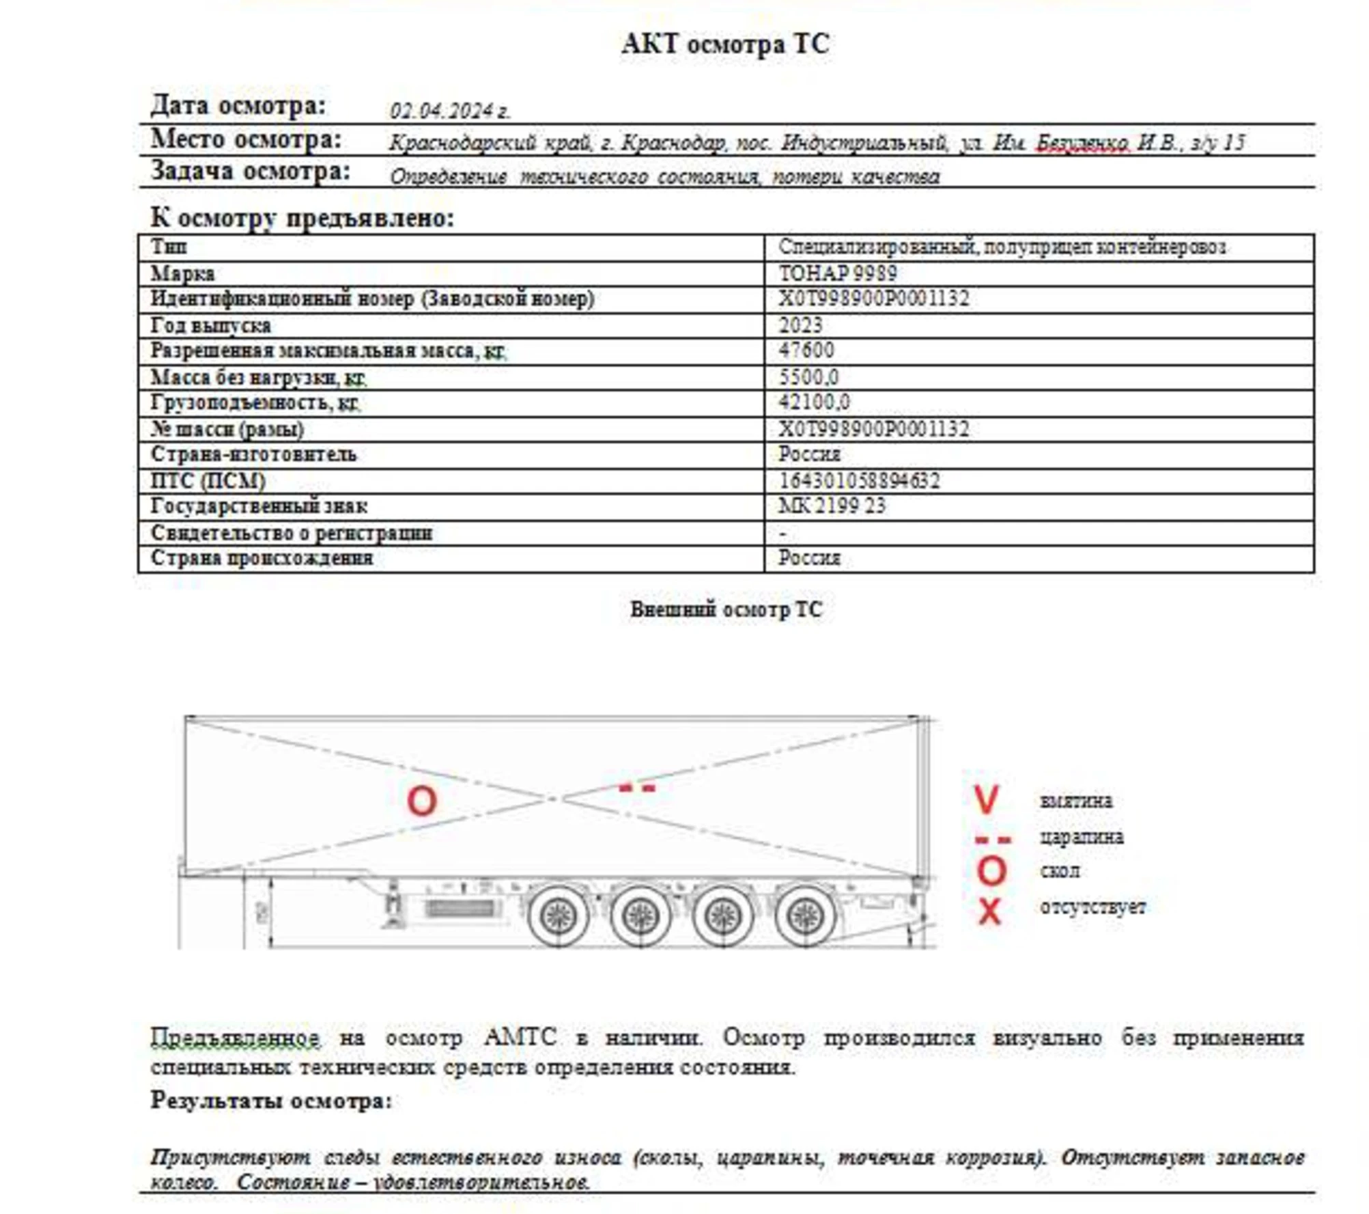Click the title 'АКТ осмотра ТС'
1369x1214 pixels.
pyautogui.click(x=725, y=44)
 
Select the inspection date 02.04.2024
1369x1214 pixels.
pyautogui.click(x=450, y=111)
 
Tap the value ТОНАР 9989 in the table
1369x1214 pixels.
pyautogui.click(x=838, y=273)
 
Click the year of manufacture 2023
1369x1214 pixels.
pyautogui.click(x=800, y=325)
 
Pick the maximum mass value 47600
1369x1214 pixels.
pyautogui.click(x=806, y=350)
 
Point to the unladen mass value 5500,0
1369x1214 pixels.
pyautogui.click(x=808, y=377)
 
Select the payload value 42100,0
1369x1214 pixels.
pyautogui.click(x=814, y=402)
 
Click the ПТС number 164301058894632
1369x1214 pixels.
pyautogui.click(x=859, y=481)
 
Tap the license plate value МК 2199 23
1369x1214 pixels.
pyautogui.click(x=832, y=506)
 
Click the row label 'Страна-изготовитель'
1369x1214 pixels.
pyautogui.click(x=253, y=454)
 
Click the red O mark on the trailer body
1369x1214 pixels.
pyautogui.click(x=421, y=800)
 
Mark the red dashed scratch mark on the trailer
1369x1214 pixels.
pyautogui.click(x=636, y=788)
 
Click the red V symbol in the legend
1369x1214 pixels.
pyautogui.click(x=986, y=799)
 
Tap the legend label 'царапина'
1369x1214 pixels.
pyautogui.click(x=1082, y=837)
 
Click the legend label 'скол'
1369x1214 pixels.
pyautogui.click(x=1060, y=871)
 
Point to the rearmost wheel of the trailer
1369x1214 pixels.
pyautogui.click(x=806, y=916)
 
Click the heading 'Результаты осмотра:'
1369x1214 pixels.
pyautogui.click(x=271, y=1101)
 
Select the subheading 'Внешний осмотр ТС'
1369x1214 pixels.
pyautogui.click(x=726, y=609)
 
